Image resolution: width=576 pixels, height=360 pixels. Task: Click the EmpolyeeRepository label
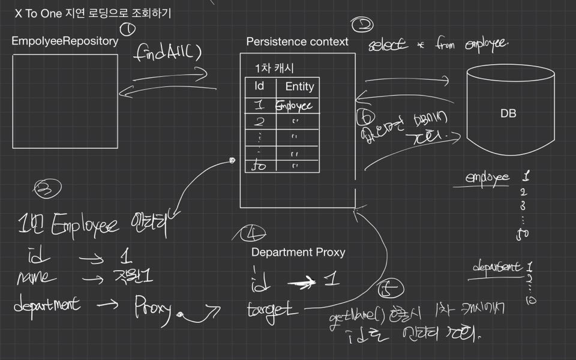click(65, 41)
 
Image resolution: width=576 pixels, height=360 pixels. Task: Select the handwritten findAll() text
click(169, 52)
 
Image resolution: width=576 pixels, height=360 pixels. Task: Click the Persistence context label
click(297, 41)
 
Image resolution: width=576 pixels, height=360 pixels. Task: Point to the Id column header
click(259, 86)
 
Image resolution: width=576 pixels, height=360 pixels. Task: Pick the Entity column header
click(299, 86)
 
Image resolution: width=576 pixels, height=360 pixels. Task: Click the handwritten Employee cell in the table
click(294, 106)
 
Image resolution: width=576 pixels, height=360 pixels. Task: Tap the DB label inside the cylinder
click(508, 113)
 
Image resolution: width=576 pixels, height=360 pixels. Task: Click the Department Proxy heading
click(298, 252)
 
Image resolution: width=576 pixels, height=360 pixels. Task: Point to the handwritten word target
click(272, 310)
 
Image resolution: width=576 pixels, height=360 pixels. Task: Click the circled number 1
click(127, 28)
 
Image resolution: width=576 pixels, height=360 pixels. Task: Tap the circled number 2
click(362, 25)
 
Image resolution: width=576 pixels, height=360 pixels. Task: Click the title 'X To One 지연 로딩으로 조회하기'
click(93, 13)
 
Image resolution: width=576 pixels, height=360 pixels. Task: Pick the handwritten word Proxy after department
click(154, 307)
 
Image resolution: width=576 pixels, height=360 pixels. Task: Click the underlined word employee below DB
click(488, 178)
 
